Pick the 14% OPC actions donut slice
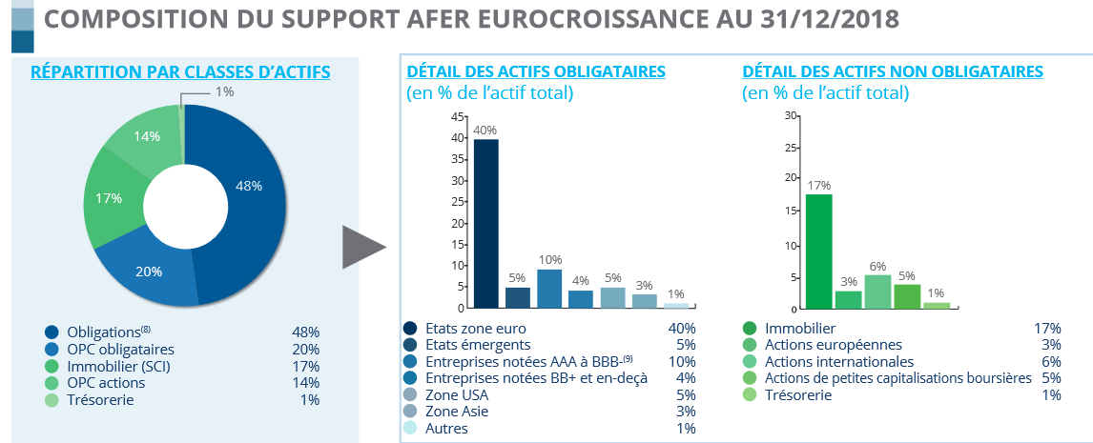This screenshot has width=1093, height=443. tap(143, 138)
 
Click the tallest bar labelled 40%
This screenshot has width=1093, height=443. tap(486, 224)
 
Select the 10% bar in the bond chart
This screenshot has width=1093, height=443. tap(549, 289)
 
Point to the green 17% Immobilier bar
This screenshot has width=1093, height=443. tap(818, 252)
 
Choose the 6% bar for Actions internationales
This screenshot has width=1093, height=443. tap(877, 292)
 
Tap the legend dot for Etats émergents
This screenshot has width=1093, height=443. tap(410, 345)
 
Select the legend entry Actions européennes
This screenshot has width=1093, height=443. tap(820, 345)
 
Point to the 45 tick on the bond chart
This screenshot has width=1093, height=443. tap(458, 116)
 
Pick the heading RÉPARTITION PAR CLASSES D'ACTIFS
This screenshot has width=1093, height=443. tap(181, 71)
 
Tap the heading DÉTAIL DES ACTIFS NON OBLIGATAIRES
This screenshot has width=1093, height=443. tap(892, 71)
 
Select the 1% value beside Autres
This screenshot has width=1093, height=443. tap(684, 429)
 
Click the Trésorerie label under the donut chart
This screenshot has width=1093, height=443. tap(100, 400)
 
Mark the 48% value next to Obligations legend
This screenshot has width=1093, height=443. tap(305, 332)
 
